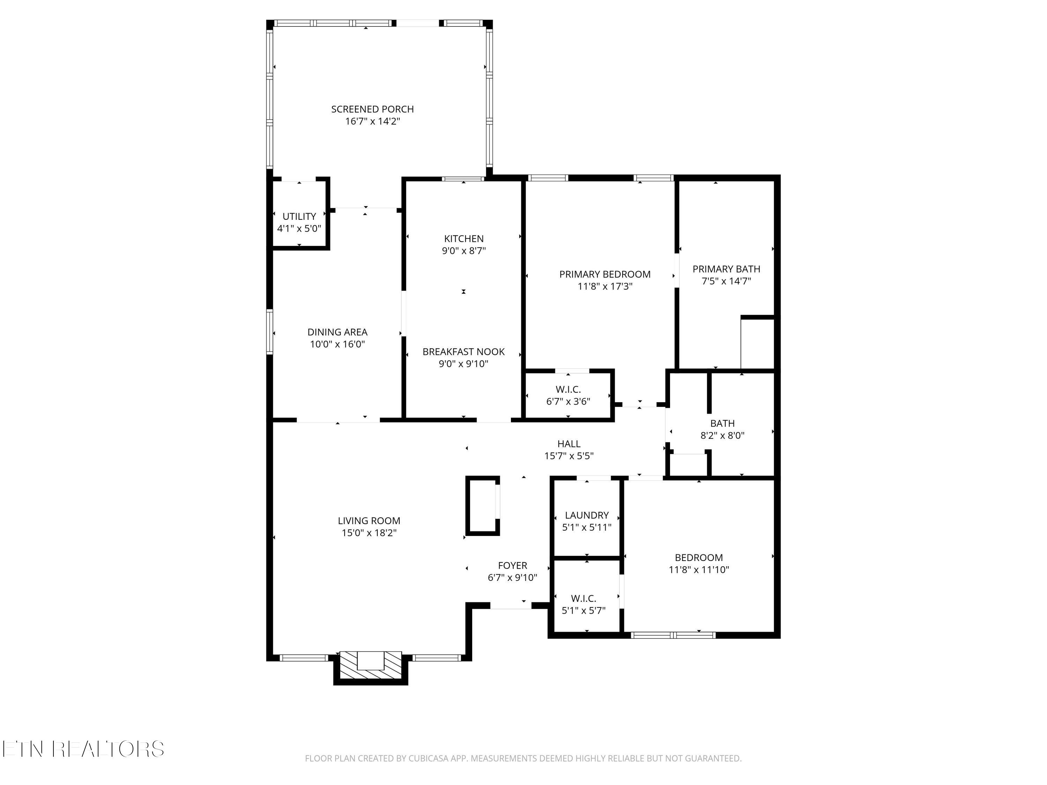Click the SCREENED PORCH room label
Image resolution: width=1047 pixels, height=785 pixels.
372,109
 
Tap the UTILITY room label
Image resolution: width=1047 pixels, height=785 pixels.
299,216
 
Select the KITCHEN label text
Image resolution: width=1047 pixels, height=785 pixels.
464,239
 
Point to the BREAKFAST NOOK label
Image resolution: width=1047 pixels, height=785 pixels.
463,352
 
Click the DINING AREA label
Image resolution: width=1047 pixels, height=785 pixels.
337,332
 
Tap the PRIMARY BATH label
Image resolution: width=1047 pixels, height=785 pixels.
726,269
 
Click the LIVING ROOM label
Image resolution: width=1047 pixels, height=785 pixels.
369,521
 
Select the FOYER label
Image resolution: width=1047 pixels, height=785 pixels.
513,566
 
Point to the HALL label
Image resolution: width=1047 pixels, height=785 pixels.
569,444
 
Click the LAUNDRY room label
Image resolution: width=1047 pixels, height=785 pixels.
587,515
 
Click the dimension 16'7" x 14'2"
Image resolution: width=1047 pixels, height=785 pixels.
372,121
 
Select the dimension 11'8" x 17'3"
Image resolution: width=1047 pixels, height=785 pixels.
605,286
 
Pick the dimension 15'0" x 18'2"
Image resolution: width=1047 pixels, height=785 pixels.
369,533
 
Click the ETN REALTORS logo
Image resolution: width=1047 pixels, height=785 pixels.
83,749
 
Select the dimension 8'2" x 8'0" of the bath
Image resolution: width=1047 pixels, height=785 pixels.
722,435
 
